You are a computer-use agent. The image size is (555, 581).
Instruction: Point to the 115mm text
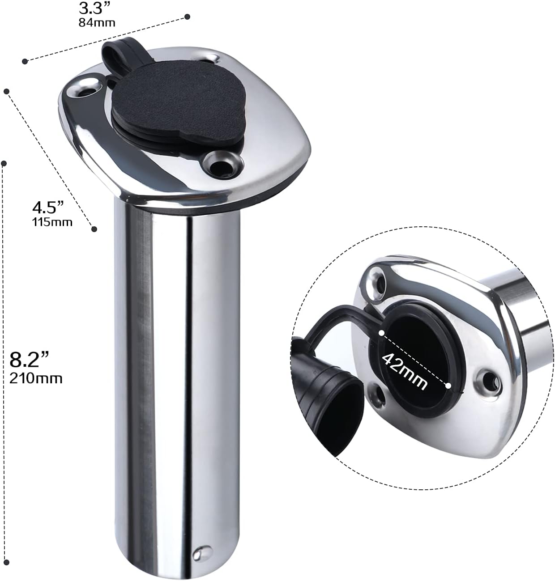click(52, 222)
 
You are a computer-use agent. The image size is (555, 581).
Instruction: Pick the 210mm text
click(36, 378)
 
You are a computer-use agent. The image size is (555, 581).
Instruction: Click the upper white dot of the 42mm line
click(381, 333)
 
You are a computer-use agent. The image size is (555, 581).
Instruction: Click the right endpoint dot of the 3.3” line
click(188, 17)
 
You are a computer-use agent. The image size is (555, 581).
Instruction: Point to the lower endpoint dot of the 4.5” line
click(94, 229)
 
